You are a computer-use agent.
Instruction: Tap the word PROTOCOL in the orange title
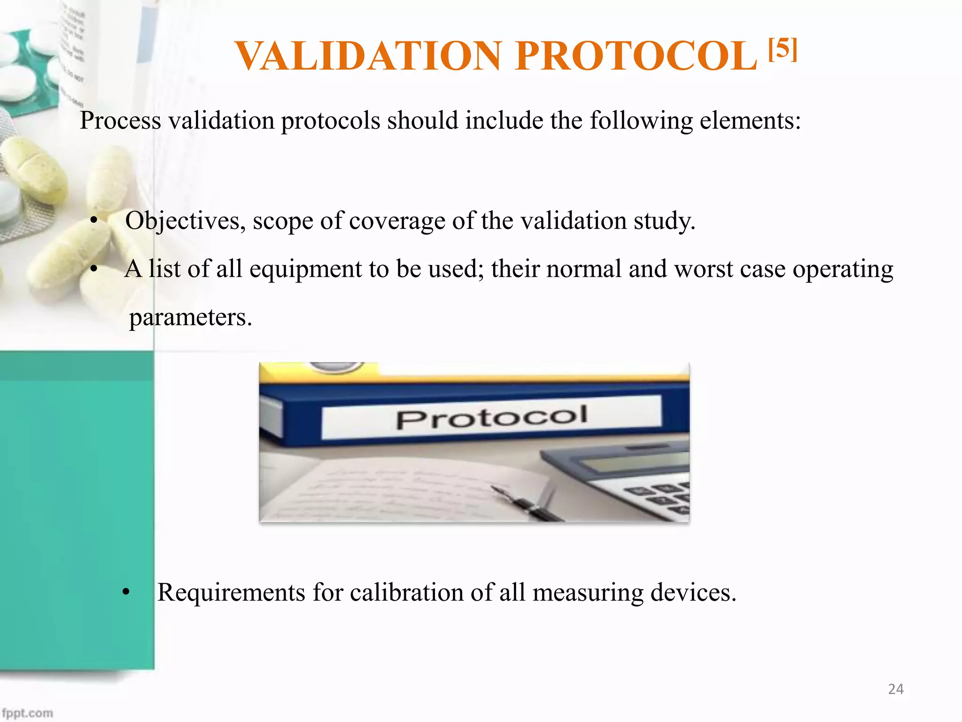point(636,56)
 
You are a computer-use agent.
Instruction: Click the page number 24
point(895,689)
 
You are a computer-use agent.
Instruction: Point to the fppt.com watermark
point(27,713)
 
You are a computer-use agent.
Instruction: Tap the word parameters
point(190,317)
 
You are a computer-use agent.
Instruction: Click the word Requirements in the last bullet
point(231,592)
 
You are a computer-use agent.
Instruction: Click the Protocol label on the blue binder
point(491,417)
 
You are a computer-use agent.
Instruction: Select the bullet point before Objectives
point(94,221)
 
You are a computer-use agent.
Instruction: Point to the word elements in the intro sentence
point(750,121)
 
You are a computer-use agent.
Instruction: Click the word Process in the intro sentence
point(120,121)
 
